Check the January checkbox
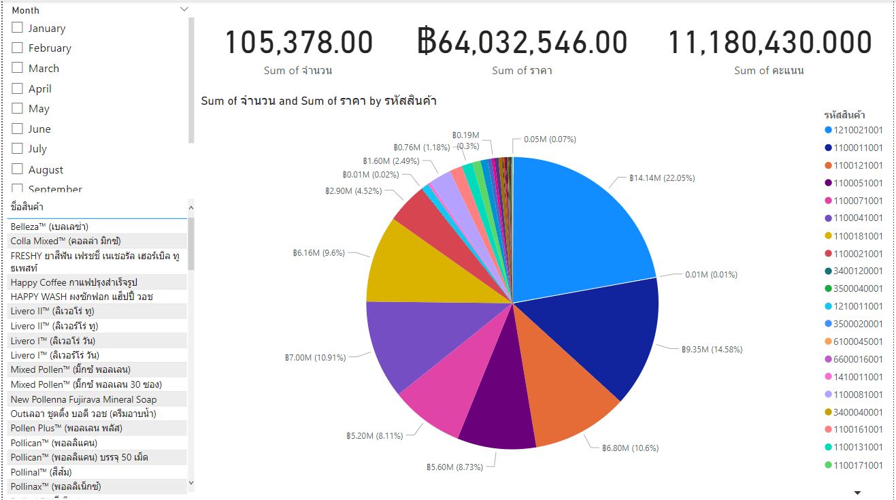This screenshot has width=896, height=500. pos(18,28)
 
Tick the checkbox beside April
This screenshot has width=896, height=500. pos(18,88)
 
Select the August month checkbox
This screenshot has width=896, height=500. pos(18,169)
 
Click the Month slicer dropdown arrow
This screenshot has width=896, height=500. pos(184,10)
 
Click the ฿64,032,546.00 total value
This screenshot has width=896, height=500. pos(522,43)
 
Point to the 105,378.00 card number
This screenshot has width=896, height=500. pos(299,43)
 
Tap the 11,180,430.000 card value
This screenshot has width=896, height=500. pos(769,43)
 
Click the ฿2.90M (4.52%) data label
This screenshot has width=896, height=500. pos(353,191)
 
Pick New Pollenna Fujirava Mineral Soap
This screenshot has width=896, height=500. pos(84,399)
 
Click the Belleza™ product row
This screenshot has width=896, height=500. pos(50,227)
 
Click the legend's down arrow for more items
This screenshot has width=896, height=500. pos(857,492)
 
